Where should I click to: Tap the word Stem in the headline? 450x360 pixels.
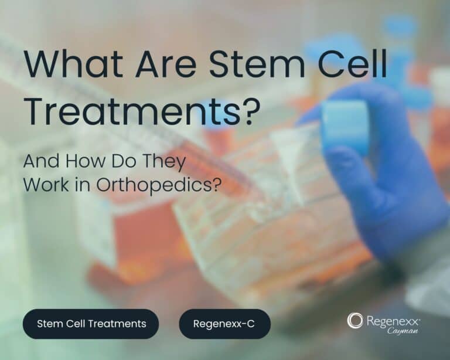(257, 64)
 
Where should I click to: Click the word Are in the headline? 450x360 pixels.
(166, 64)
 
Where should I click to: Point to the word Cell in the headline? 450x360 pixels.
(352, 64)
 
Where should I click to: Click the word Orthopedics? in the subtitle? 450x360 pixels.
(159, 185)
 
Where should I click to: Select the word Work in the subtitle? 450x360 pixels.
(46, 185)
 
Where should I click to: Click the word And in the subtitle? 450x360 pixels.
(41, 161)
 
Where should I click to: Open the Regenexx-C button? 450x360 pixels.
(225, 324)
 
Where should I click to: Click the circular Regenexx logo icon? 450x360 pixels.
(355, 320)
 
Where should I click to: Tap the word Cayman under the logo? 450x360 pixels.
(403, 331)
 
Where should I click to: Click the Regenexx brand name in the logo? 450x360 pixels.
(393, 321)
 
